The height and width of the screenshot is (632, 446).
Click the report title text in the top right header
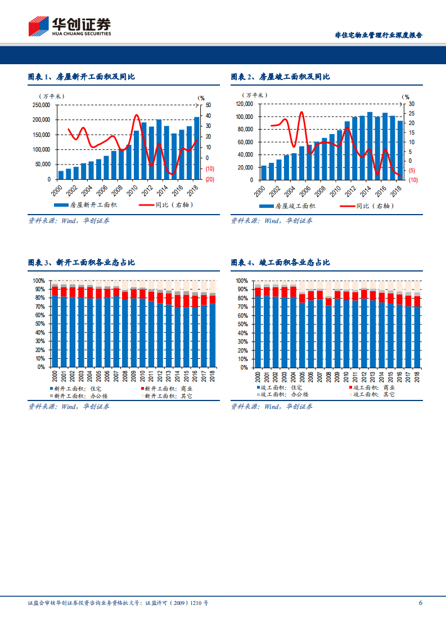coord(378,35)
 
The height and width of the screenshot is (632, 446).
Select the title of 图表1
coord(81,77)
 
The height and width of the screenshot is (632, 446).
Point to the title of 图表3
coord(81,262)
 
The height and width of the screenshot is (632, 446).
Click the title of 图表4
coord(280,262)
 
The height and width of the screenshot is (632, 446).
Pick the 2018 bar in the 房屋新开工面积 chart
coord(197,148)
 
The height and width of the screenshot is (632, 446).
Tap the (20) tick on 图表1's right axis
coord(210,180)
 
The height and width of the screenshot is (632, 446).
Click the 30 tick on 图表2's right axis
coord(411,104)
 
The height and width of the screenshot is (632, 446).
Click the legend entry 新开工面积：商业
coord(167,388)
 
